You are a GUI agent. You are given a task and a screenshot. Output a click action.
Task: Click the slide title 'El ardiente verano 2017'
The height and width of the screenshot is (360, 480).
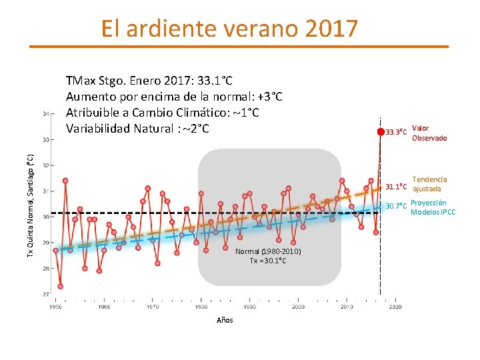tap(229, 29)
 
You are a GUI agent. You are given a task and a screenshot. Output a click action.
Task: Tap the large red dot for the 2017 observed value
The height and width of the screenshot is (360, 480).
tap(380, 132)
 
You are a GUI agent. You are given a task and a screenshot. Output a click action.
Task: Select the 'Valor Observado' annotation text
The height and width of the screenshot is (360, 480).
tap(429, 133)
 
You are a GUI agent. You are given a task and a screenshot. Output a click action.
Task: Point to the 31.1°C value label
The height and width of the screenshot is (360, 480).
tap(396, 186)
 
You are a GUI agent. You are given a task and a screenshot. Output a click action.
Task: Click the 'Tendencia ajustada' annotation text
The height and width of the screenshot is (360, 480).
tap(429, 184)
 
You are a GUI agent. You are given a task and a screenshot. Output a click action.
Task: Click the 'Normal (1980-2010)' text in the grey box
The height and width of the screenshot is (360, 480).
tap(268, 251)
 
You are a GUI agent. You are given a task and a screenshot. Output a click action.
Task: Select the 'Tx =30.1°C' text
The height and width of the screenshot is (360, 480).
tap(268, 261)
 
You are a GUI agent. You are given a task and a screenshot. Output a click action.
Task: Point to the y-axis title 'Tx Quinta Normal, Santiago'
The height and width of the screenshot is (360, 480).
tap(30, 199)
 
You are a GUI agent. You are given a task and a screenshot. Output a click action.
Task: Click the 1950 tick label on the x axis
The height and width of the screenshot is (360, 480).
tap(55, 307)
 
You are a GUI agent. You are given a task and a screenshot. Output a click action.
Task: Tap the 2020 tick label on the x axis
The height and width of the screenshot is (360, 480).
tap(395, 307)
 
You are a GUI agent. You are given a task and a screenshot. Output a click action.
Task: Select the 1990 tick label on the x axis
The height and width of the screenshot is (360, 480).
tap(249, 307)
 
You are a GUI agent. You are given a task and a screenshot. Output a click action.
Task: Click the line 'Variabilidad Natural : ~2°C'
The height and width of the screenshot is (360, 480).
tap(137, 128)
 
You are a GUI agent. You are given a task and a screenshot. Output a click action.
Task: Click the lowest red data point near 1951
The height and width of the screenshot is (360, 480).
tap(61, 286)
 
